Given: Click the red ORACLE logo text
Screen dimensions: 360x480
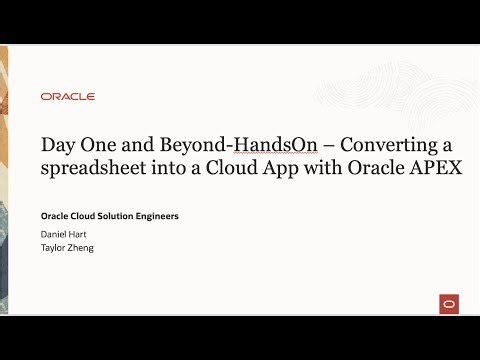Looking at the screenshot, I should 68,97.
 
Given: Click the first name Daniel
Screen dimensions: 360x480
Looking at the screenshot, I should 56,234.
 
